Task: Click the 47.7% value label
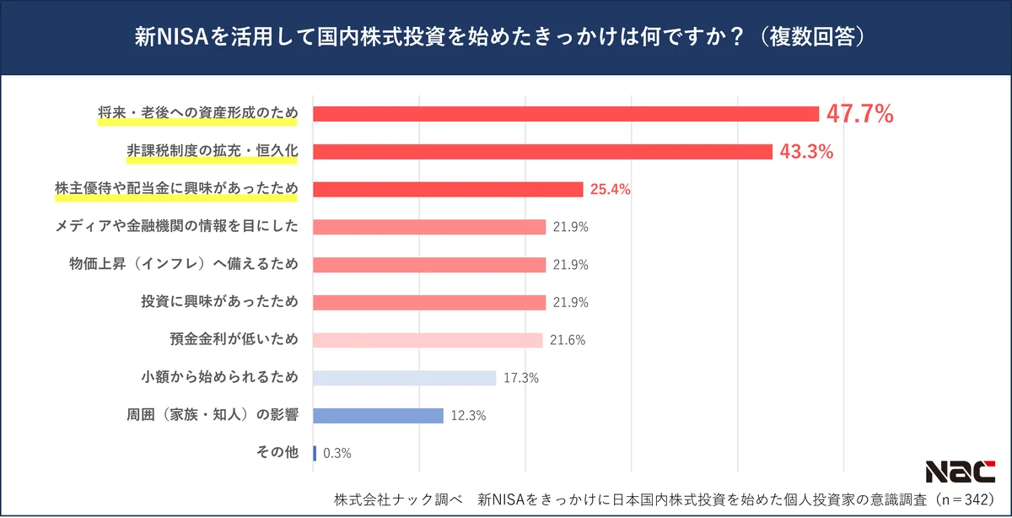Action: (x=859, y=114)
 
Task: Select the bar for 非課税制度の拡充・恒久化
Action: (x=542, y=152)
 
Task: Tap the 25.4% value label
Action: (x=610, y=190)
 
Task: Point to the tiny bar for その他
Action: (x=315, y=453)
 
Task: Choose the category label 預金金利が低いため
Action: (x=234, y=340)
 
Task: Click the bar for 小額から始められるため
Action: (x=404, y=378)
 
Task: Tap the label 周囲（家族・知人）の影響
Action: (x=211, y=415)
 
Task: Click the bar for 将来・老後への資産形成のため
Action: (x=566, y=114)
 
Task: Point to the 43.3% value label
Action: (x=806, y=152)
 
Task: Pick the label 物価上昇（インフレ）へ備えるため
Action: (x=184, y=264)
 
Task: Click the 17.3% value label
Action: (x=521, y=378)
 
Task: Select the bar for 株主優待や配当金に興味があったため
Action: (x=448, y=190)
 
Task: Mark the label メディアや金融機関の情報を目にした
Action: (x=177, y=226)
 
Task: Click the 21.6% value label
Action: (x=567, y=340)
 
